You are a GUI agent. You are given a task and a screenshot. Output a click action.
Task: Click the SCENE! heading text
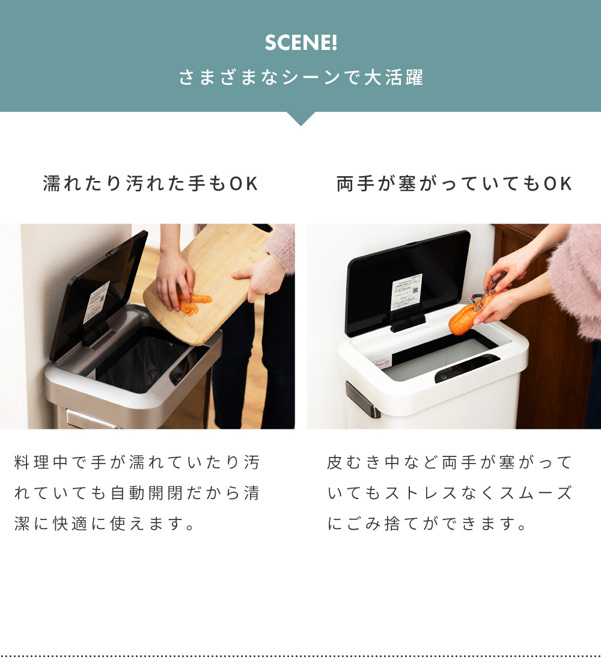(x=300, y=43)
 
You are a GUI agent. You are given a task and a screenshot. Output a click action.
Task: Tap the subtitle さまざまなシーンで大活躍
(x=300, y=78)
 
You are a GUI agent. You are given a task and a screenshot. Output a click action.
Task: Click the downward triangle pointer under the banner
(x=300, y=118)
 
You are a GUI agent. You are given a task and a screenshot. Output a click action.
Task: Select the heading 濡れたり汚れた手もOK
(x=150, y=184)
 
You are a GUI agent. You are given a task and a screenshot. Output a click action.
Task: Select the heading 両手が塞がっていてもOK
(x=454, y=184)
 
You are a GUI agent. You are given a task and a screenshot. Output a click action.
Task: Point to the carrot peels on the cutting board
(x=194, y=304)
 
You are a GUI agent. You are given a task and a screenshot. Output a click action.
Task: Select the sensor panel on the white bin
(x=466, y=368)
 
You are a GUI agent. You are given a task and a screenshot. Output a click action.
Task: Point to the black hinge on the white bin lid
(x=407, y=322)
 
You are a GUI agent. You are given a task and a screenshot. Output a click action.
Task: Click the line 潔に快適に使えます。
(x=105, y=524)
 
